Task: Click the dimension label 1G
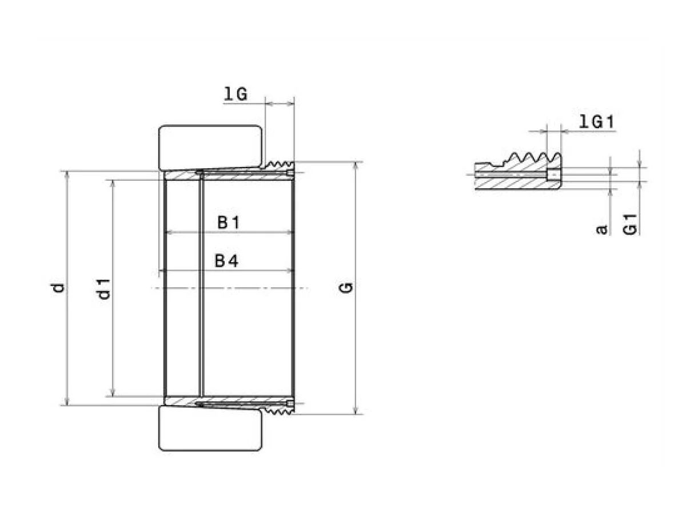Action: tap(236, 94)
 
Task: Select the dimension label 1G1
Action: tap(596, 122)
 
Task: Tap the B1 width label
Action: tap(229, 223)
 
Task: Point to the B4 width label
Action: tap(226, 261)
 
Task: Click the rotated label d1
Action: tap(104, 289)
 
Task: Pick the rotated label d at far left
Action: tap(58, 288)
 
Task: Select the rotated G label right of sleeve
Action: tap(346, 287)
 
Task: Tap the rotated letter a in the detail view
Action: tap(601, 230)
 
